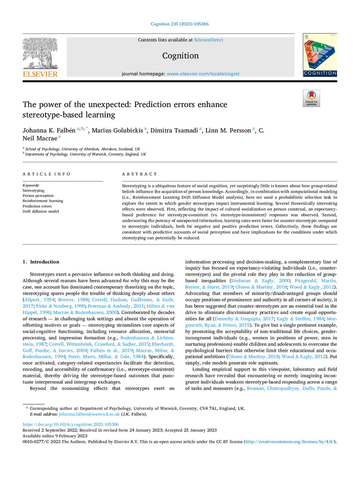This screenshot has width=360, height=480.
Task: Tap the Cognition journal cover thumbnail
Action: (x=320, y=55)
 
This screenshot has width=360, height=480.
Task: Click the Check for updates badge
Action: (x=311, y=98)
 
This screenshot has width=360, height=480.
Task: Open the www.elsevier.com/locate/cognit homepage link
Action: (x=203, y=74)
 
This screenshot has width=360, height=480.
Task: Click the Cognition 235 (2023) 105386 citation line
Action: (x=180, y=24)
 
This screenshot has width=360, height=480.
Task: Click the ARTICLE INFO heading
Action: (x=47, y=174)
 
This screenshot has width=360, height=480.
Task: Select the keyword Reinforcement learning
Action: (x=43, y=201)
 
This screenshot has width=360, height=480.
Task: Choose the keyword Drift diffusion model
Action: (x=41, y=212)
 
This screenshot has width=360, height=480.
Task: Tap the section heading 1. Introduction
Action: (x=41, y=262)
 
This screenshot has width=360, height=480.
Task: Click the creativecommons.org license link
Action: (x=290, y=441)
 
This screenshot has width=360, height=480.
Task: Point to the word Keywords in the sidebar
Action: (x=32, y=185)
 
